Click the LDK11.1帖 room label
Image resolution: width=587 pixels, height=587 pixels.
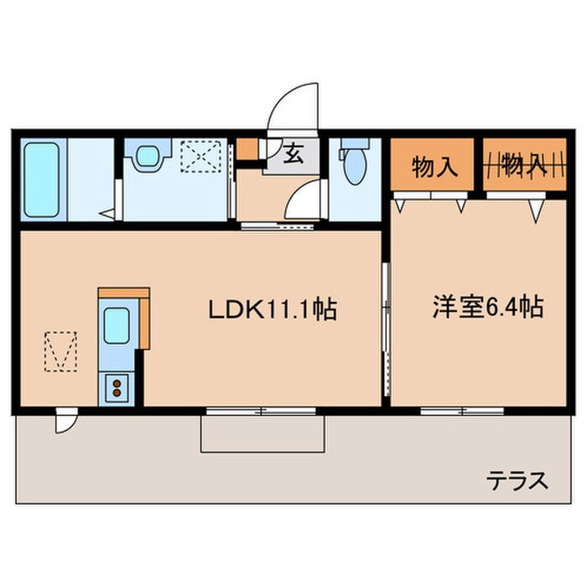(x=273, y=311)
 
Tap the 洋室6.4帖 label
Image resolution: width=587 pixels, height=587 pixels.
(x=487, y=308)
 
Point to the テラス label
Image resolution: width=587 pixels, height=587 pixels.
(x=518, y=481)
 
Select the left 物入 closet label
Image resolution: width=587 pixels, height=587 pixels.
(x=434, y=166)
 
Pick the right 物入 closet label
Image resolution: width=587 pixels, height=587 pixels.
(x=524, y=166)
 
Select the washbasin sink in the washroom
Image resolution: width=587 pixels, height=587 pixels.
(x=149, y=154)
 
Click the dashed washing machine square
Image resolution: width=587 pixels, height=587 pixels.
(x=202, y=154)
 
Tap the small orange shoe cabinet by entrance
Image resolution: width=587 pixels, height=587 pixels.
(x=247, y=148)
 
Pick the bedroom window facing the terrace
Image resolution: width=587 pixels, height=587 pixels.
(x=461, y=411)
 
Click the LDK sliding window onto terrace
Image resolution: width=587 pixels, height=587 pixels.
(x=261, y=411)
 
